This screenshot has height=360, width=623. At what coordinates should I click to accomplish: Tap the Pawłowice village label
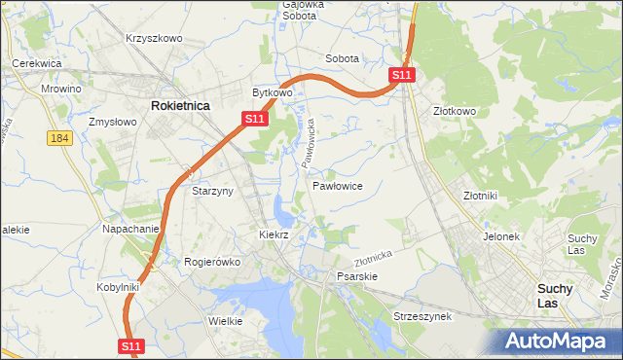tap(338, 185)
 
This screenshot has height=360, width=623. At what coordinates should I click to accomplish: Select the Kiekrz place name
tap(275, 234)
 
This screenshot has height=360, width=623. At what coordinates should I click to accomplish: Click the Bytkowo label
tap(273, 92)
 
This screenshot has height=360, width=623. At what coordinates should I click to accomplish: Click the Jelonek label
tap(502, 236)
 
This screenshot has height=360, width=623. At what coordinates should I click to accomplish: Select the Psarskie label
tap(356, 276)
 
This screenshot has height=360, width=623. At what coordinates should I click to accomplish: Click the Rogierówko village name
tap(212, 262)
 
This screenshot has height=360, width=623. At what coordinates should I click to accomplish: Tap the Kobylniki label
tap(119, 287)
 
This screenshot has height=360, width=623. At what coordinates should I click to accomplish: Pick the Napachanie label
tap(130, 229)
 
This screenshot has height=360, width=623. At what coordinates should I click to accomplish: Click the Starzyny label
tap(212, 191)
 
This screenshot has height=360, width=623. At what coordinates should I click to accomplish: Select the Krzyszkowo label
tap(154, 38)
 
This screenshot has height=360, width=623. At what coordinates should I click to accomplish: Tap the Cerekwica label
tap(37, 63)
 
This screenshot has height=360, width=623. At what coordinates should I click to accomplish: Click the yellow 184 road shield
tap(59, 139)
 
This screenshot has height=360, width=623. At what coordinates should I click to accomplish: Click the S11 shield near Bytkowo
tap(253, 118)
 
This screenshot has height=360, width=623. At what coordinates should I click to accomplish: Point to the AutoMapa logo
tap(559, 341)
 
